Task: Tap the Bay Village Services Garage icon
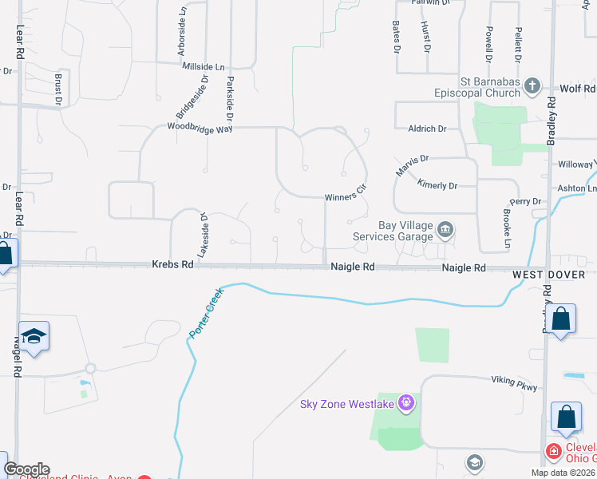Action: click(x=445, y=232)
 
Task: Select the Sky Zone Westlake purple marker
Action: click(x=406, y=402)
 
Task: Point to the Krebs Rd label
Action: click(x=172, y=264)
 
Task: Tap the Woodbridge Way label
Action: click(x=194, y=126)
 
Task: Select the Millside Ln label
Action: click(x=204, y=66)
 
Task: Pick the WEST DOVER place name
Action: click(x=549, y=275)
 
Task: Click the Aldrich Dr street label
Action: click(x=427, y=129)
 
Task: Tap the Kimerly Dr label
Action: click(x=437, y=184)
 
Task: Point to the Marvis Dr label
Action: click(x=413, y=166)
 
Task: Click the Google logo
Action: click(x=26, y=469)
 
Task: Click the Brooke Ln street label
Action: click(x=507, y=226)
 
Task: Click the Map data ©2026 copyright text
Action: click(x=563, y=473)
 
